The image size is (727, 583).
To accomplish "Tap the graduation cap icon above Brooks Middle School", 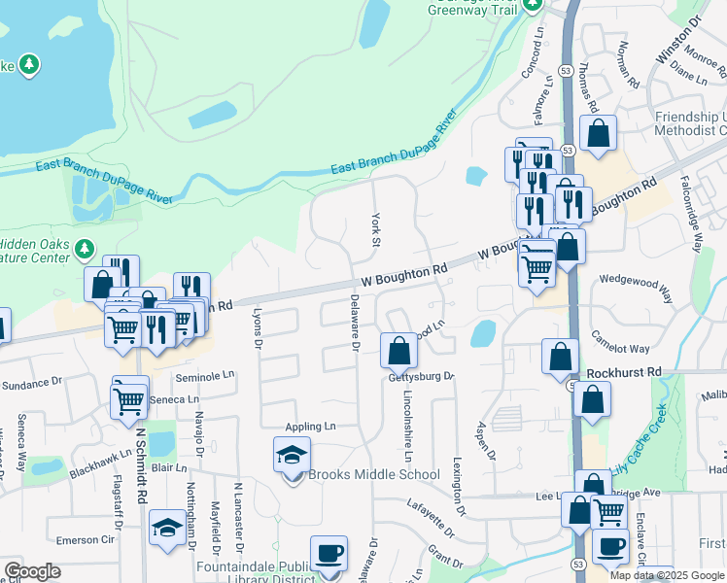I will [x=292, y=455].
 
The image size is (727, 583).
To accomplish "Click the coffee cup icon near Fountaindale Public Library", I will [x=329, y=554].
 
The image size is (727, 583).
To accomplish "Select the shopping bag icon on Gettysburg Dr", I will [x=398, y=351].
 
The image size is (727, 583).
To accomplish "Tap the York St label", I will [x=374, y=229].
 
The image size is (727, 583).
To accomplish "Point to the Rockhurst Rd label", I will [x=624, y=372].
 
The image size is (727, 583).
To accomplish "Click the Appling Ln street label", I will [x=310, y=427].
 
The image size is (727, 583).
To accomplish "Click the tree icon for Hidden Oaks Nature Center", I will [x=85, y=249].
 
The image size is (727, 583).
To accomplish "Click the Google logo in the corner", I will [x=32, y=571].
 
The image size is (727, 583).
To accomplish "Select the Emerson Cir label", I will [x=86, y=539].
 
